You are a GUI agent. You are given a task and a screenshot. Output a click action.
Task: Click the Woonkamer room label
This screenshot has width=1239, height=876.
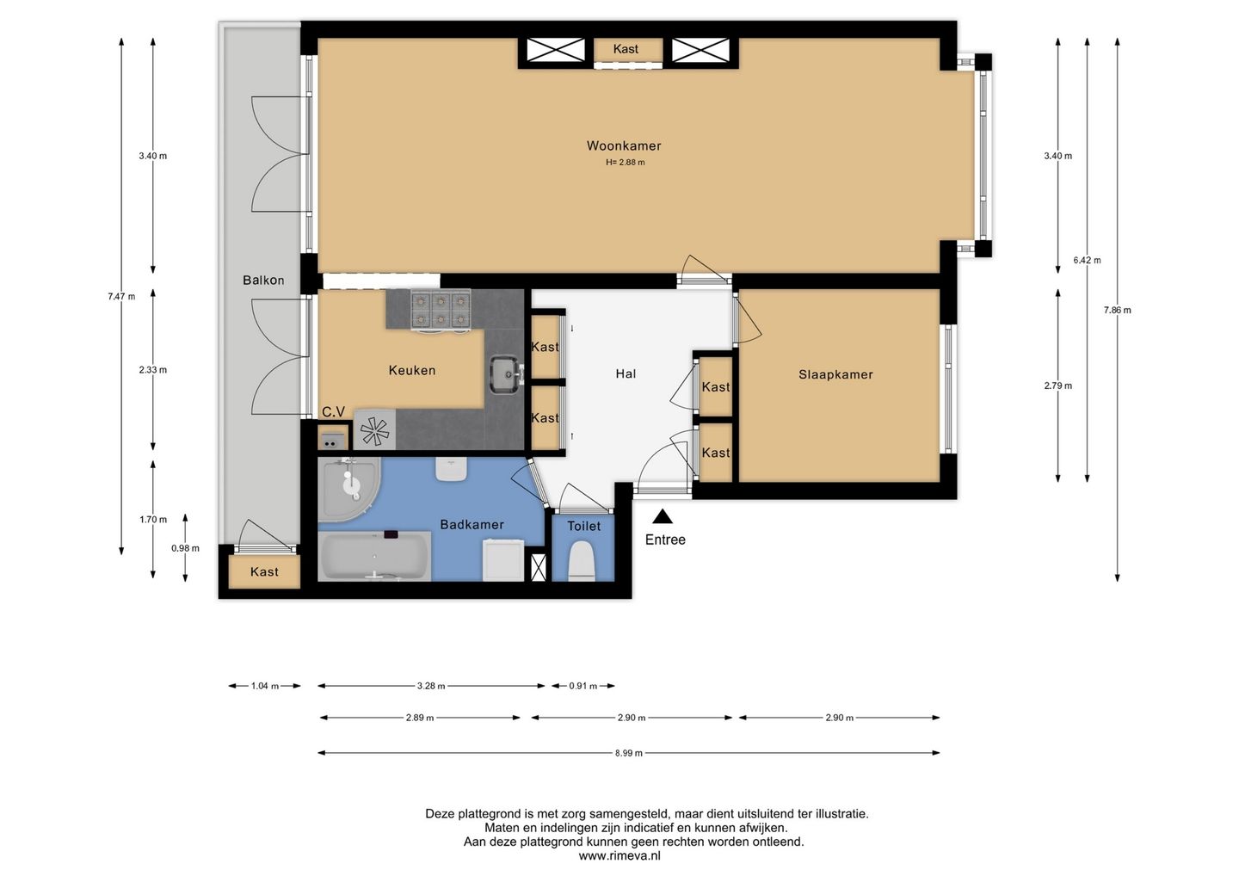tap(624, 146)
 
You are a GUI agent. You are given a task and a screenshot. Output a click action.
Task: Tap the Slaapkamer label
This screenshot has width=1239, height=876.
tap(835, 374)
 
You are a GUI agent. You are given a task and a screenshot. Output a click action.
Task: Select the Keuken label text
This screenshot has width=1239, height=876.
tap(412, 371)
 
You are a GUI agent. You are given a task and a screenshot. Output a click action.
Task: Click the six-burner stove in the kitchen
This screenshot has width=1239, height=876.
tap(441, 310)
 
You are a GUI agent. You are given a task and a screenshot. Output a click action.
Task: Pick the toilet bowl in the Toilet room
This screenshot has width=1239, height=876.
tap(582, 561)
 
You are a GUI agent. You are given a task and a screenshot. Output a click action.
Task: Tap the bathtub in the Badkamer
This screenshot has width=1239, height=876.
tap(375, 556)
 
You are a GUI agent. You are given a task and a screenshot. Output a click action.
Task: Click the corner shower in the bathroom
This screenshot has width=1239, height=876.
tap(349, 490)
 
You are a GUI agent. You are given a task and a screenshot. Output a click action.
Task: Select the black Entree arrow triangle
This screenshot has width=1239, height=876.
tap(663, 516)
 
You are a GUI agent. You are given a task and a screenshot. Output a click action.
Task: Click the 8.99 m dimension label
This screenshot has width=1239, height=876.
tap(629, 753)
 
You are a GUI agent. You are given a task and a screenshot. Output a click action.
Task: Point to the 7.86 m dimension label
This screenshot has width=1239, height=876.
tap(1118, 311)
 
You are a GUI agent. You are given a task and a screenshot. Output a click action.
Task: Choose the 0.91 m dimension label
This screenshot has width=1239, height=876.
tap(583, 687)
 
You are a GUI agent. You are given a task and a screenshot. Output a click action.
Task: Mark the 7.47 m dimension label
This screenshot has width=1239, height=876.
tap(121, 296)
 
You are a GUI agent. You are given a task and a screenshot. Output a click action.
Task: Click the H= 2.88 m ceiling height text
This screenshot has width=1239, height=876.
tap(625, 163)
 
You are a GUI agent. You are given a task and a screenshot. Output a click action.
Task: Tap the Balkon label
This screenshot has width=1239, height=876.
tap(263, 281)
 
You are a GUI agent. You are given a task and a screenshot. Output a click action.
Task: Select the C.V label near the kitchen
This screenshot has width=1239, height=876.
tap(334, 412)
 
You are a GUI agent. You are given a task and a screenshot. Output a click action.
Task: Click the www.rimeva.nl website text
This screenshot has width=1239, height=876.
tap(619, 856)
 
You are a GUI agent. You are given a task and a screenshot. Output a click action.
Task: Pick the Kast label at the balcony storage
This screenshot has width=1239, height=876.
tap(264, 572)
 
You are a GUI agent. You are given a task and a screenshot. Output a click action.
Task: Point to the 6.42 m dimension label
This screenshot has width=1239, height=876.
tap(1088, 261)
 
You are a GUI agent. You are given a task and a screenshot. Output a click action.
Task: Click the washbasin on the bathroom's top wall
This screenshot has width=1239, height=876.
tap(452, 469)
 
